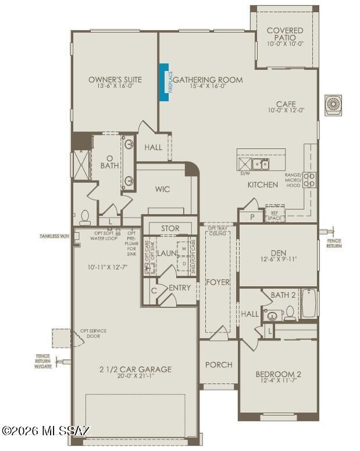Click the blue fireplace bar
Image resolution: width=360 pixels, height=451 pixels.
click(165, 82)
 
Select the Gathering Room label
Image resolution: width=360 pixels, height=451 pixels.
click(207, 80)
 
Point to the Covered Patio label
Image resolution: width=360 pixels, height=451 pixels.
click(285, 34)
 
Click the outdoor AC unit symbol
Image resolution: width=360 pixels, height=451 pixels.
click(333, 105)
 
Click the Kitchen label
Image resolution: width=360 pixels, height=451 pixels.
click(263, 184)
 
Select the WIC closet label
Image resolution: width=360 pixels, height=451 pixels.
click(162, 189)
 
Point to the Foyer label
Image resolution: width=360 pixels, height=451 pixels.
click(218, 282)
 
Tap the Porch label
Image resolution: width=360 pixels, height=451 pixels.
click(219, 365)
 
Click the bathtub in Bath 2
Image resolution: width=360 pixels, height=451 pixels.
click(309, 303)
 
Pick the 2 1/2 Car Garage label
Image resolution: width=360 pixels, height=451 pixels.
click(136, 369)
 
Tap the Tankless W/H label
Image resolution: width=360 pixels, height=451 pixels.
click(55, 236)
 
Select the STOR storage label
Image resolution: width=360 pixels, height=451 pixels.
click(170, 228)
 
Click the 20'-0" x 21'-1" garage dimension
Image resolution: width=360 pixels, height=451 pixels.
click(136, 377)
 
